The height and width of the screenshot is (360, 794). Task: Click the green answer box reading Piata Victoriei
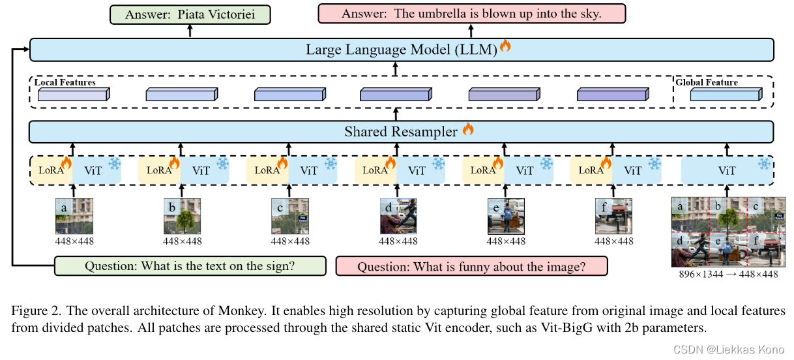(190, 14)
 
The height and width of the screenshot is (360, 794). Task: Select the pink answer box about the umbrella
(471, 14)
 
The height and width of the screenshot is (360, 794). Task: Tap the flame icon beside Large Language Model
(505, 46)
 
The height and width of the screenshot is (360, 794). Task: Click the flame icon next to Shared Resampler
(467, 129)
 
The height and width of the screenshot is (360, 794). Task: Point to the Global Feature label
(706, 83)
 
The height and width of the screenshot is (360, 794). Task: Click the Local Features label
(65, 83)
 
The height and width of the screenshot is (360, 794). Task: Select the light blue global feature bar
(724, 96)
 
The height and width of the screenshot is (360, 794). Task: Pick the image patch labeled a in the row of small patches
(74, 216)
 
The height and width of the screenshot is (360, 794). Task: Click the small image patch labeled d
(398, 216)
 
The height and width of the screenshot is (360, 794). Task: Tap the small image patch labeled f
(613, 216)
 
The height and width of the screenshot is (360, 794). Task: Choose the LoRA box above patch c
(268, 170)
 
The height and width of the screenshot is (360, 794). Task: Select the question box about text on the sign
(189, 266)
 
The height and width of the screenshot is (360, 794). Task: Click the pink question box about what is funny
(471, 266)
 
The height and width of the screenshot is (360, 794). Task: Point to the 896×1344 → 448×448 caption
(727, 275)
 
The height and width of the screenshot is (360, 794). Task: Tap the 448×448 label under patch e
(506, 241)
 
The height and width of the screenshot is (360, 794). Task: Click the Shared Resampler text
(400, 132)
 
